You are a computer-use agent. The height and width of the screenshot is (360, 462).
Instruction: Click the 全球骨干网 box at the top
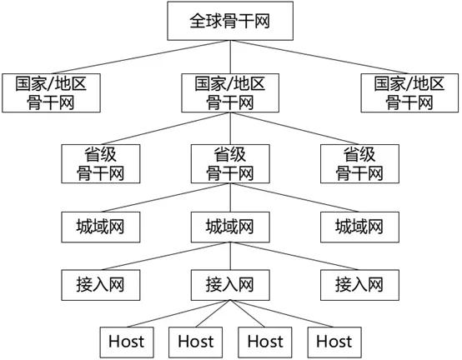231,22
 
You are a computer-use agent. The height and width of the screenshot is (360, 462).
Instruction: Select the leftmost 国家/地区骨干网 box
52,92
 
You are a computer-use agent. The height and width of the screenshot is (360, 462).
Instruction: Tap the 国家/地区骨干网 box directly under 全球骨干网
230,92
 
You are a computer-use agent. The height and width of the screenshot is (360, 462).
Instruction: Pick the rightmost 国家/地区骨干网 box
409,92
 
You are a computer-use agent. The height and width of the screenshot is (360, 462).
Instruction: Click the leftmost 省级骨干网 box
100,163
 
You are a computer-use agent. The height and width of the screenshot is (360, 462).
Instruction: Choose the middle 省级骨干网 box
230,163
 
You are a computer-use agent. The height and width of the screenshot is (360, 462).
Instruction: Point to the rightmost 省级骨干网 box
360,163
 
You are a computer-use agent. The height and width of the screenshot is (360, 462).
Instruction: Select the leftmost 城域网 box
100,225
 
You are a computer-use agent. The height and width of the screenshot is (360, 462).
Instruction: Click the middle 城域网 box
230,225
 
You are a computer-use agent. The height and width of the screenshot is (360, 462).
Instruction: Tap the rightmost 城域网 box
360,225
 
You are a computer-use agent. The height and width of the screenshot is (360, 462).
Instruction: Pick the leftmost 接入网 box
100,283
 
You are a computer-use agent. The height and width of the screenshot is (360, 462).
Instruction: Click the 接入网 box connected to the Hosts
230,283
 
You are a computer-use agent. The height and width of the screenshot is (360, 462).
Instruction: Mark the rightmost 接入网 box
360,283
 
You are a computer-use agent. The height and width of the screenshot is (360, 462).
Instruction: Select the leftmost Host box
126,340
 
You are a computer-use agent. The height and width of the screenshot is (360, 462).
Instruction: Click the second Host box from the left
196,340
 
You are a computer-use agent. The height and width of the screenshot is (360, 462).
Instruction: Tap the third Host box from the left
265,340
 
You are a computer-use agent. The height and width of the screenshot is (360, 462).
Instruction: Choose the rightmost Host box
334,340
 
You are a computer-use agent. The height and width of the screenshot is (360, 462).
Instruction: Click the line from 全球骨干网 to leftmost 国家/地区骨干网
142,56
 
